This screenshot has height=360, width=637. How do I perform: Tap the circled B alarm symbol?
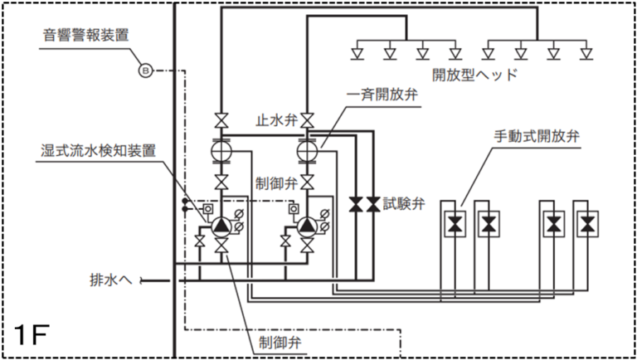145,71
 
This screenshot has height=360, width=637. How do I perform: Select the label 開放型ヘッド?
474,75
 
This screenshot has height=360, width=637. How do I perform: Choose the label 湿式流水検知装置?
98,151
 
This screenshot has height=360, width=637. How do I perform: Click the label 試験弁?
404,203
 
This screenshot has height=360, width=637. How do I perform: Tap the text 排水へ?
112,280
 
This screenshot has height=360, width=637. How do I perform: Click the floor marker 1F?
31,336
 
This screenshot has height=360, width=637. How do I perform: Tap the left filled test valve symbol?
356,204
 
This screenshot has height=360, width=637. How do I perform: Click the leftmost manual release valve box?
455,223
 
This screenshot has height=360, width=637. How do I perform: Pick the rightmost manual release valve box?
588,223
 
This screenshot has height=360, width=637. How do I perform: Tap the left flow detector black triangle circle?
221,225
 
